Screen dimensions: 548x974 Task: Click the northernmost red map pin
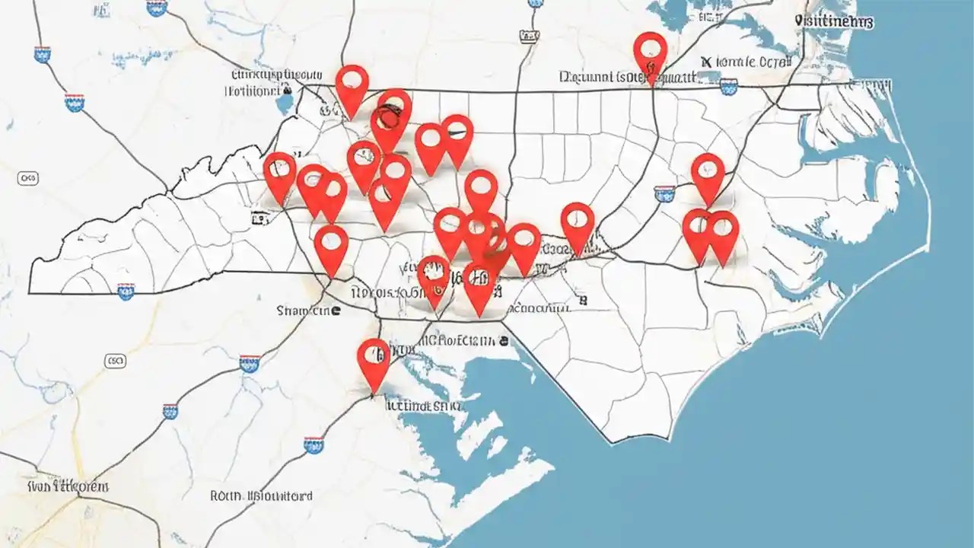(650, 51)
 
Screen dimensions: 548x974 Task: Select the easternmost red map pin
(722, 231)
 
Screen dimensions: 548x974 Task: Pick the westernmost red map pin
(279, 172)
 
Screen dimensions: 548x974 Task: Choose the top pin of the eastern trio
(708, 174)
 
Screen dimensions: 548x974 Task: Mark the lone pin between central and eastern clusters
(578, 223)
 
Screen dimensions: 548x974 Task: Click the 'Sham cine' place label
(308, 311)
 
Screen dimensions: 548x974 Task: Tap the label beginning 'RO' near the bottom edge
(261, 495)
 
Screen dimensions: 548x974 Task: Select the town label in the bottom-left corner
(68, 486)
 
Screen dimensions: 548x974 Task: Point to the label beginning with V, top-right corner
(833, 22)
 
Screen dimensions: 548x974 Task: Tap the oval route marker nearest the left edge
(27, 178)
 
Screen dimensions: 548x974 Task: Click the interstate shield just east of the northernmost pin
(728, 86)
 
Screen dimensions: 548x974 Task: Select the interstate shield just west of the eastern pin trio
(665, 193)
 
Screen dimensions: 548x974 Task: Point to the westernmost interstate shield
(43, 54)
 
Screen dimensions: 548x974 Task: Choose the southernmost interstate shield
(313, 444)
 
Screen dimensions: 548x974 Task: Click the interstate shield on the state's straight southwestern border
(126, 290)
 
